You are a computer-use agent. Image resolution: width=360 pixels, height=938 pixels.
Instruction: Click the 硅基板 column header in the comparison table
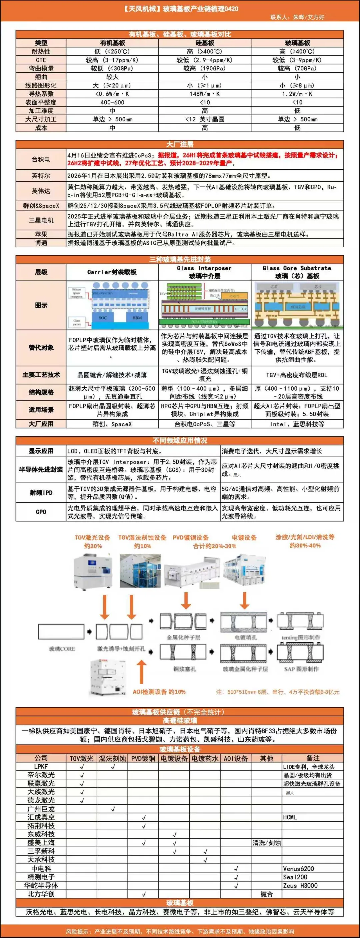pos(205,43)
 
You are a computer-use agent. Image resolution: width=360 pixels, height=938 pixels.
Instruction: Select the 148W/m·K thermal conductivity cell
pos(205,94)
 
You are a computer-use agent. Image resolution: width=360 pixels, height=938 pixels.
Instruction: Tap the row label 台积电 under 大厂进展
pos(41,159)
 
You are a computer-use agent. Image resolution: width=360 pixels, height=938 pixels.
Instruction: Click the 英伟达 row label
pos(41,191)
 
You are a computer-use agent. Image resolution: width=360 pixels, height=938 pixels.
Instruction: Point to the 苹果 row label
pos(41,234)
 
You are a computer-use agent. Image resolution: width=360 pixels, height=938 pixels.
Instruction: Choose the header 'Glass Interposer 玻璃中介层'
pos(205,272)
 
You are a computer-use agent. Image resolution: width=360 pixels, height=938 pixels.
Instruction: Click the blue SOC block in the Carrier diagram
pos(103,318)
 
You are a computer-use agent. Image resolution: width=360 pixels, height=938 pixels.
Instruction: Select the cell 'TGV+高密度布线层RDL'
pos(297,375)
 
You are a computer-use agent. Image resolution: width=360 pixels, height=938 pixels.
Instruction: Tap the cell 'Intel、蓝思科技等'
pos(297,424)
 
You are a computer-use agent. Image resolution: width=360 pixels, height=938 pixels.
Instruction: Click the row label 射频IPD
pos(41,493)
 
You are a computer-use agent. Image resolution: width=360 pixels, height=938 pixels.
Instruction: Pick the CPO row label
pos(41,512)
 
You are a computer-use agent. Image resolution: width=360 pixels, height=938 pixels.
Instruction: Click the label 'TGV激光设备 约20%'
pos(92,541)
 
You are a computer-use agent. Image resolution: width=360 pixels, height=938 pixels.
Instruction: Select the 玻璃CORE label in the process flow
pos(62,649)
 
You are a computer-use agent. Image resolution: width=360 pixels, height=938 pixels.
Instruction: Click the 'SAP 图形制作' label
pos(301,669)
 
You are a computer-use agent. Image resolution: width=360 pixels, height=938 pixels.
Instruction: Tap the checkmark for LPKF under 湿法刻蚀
pos(112,766)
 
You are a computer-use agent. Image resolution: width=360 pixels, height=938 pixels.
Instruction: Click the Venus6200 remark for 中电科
pos(298,868)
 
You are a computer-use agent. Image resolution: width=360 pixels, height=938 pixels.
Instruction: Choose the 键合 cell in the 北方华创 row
pos(266,894)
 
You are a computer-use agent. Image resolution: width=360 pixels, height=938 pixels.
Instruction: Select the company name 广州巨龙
pos(41,809)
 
